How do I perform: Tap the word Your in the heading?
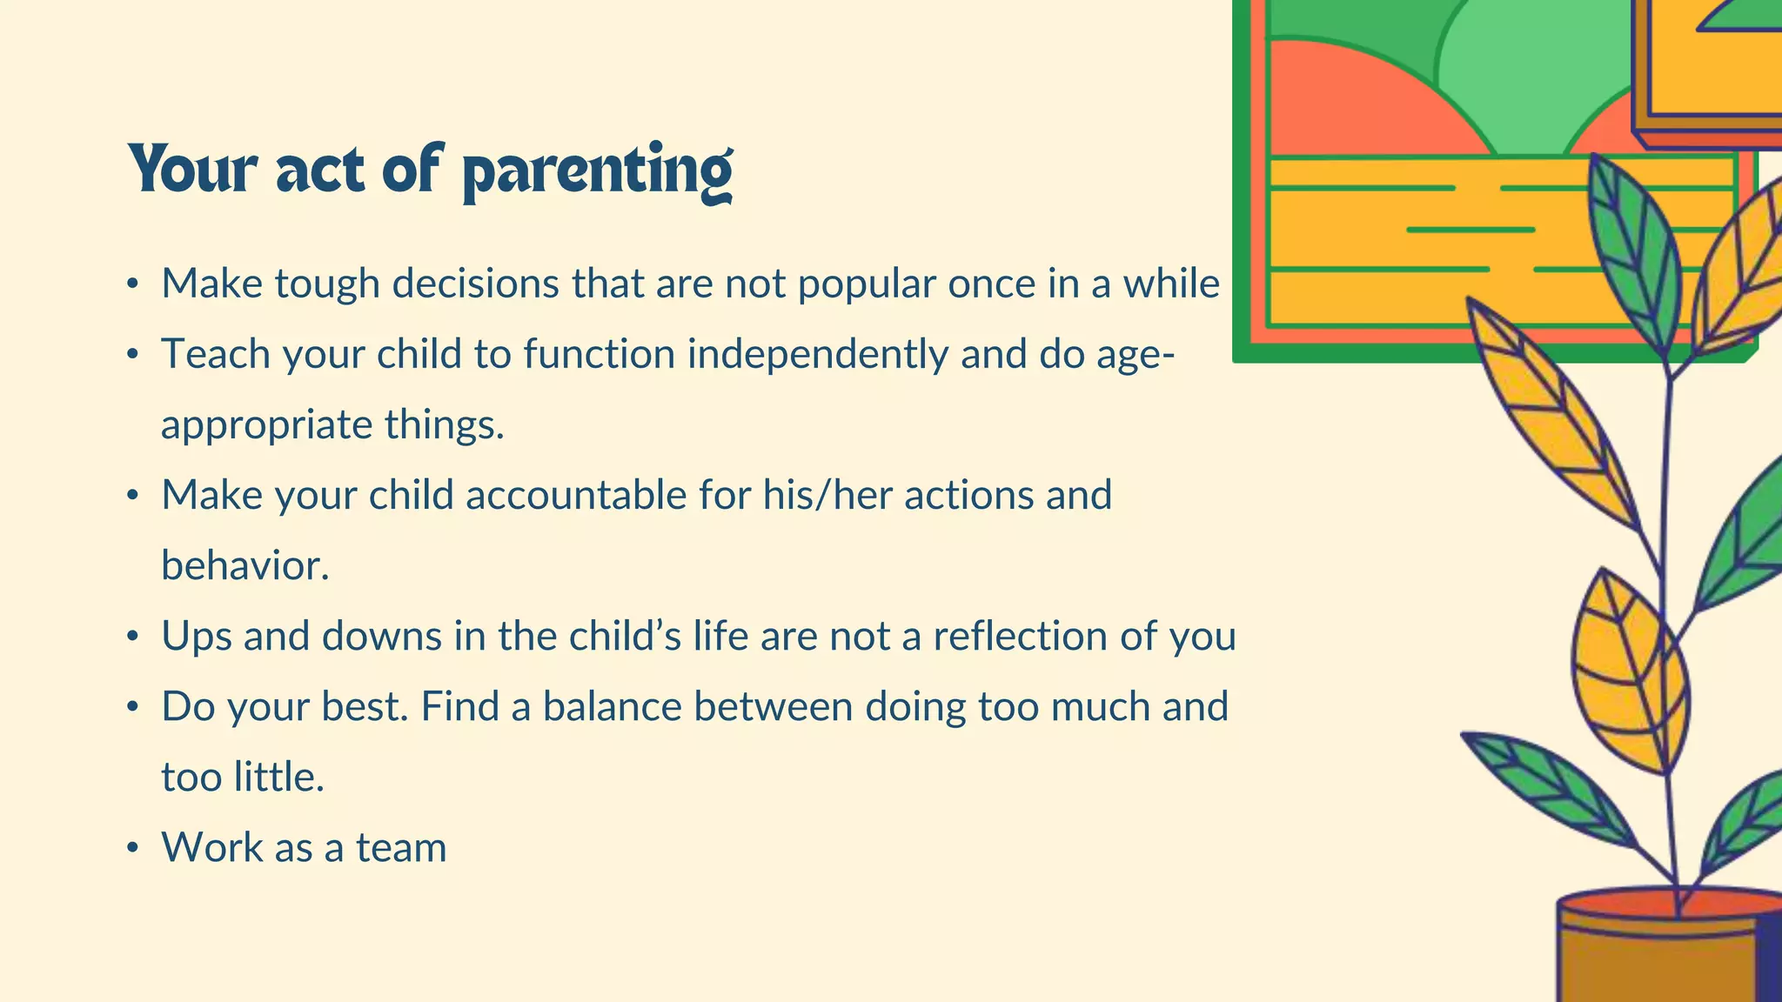[x=193, y=170]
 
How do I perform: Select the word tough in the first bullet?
[x=327, y=284]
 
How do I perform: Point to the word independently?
[x=817, y=355]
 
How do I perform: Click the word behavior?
[x=245, y=566]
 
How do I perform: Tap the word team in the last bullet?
[x=401, y=848]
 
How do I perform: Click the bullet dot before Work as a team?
[x=132, y=848]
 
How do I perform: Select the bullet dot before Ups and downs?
[x=132, y=637]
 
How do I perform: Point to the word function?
[x=593, y=355]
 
